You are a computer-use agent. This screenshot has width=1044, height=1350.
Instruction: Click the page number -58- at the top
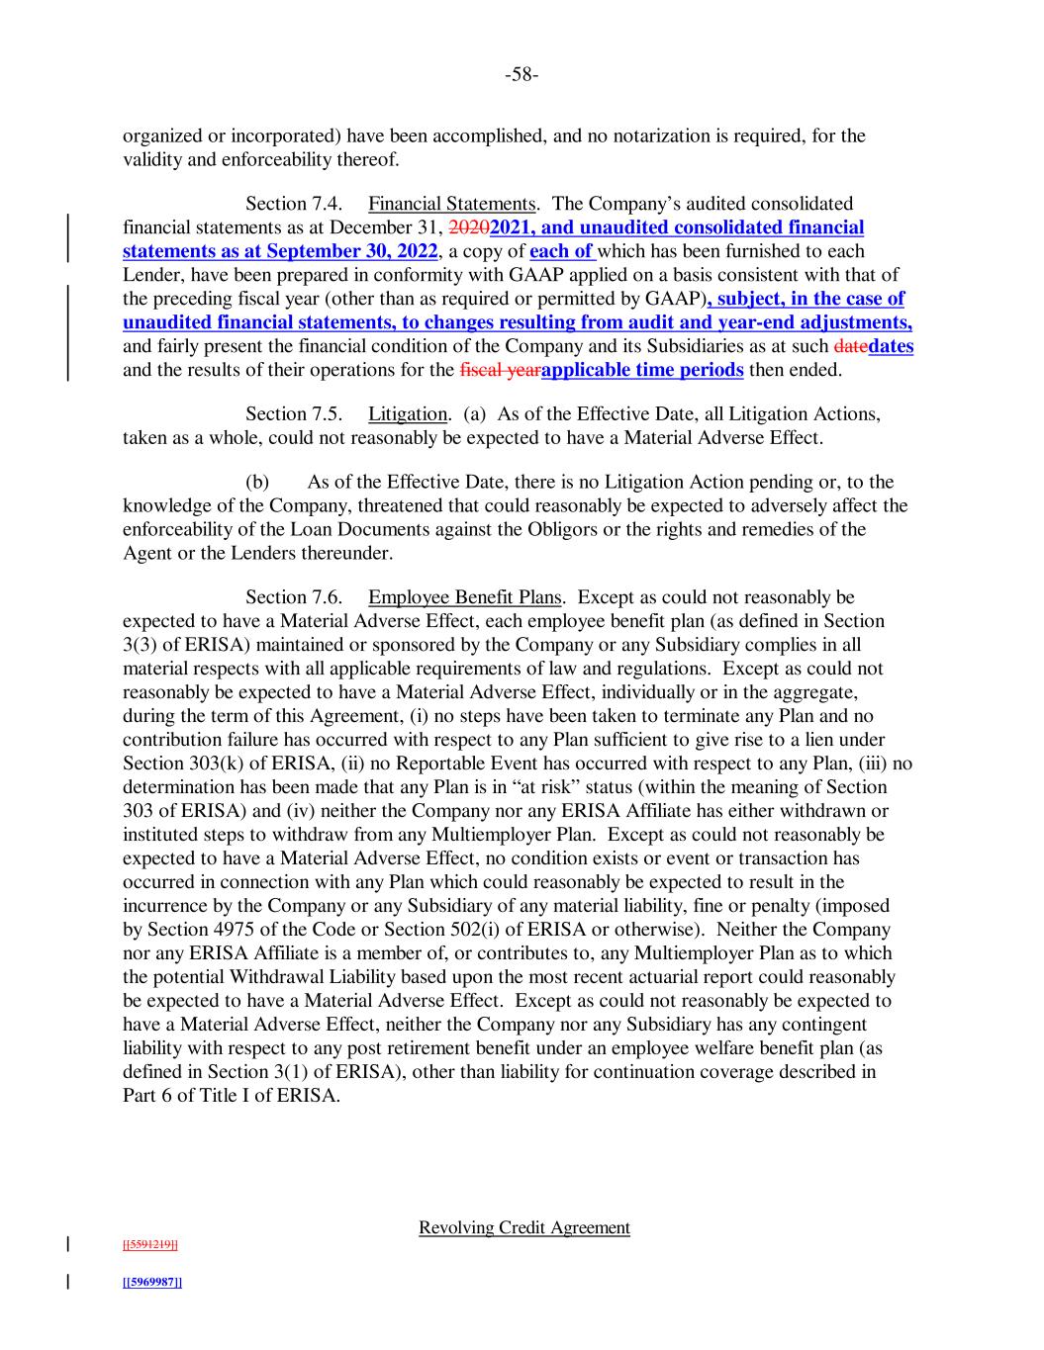coord(522,74)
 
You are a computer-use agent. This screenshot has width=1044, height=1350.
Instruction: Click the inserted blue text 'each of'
coord(561,251)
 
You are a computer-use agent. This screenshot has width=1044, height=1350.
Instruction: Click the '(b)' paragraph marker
coord(257,483)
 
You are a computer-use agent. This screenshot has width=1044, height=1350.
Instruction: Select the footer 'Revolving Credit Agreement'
coord(523,1227)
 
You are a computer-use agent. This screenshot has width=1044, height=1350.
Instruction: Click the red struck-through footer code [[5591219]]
coord(150,1244)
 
